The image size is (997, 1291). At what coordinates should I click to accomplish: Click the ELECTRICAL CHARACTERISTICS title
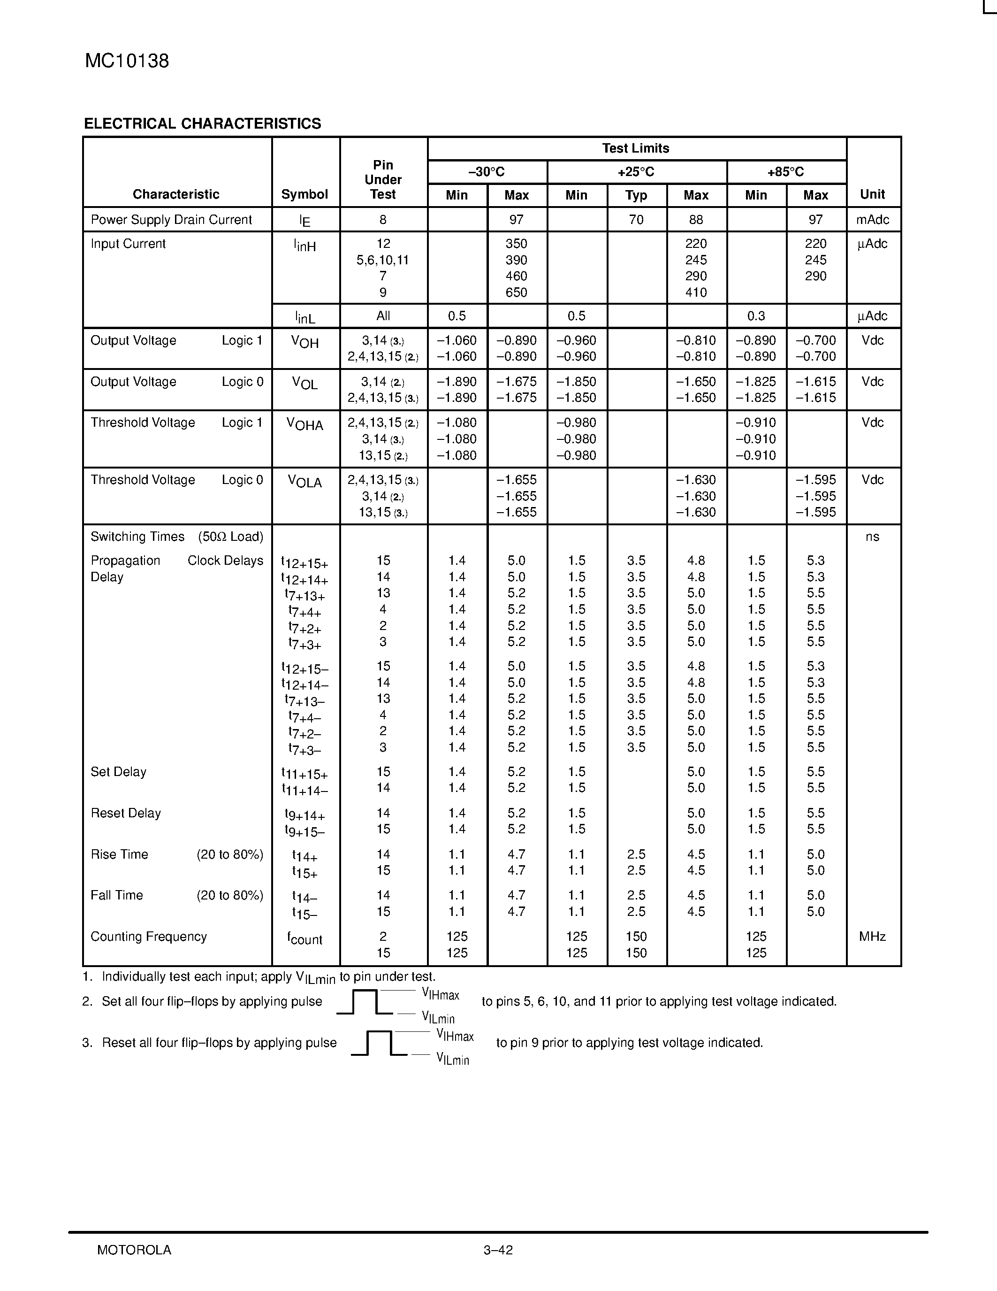tap(202, 123)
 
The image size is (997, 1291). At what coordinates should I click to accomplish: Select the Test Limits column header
tap(636, 148)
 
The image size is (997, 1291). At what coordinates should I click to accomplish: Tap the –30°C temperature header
tap(487, 172)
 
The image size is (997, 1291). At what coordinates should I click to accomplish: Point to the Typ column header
tap(636, 195)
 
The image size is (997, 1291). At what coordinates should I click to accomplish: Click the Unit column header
tap(872, 194)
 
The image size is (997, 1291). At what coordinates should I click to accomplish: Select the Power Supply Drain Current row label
tap(171, 220)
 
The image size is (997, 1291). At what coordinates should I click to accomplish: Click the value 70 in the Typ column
tap(636, 220)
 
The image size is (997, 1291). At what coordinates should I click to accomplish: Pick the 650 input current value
tap(516, 292)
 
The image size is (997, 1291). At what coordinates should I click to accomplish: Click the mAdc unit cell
tap(872, 220)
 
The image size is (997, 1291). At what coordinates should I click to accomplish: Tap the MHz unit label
tap(872, 937)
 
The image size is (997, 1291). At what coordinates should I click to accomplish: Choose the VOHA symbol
tap(305, 424)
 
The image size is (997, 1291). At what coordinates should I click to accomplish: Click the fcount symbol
tap(305, 939)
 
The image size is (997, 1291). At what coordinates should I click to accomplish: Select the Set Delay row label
tap(118, 772)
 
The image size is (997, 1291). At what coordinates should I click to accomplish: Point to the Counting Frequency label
tap(149, 937)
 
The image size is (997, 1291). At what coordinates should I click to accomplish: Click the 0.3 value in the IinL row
tap(756, 316)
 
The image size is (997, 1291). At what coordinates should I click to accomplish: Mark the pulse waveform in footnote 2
tap(365, 1001)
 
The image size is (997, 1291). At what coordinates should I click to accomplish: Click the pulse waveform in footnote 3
tap(379, 1043)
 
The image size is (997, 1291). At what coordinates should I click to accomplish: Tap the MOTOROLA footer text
tap(134, 1250)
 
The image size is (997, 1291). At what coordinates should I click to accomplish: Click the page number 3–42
tap(498, 1250)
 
